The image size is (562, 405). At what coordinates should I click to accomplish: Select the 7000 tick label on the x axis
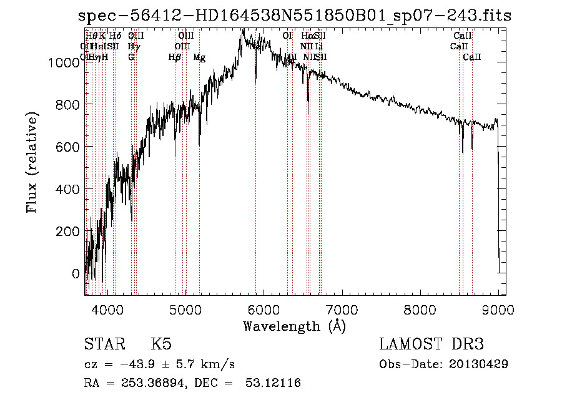coord(342,309)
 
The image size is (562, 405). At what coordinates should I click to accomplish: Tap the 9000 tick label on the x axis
coord(498,309)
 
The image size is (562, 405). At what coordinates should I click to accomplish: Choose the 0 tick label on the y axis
coord(76,273)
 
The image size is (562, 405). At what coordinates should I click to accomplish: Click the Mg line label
coord(199,57)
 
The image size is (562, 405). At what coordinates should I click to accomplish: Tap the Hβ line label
coord(175,57)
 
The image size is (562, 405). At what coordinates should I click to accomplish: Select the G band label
coord(131,57)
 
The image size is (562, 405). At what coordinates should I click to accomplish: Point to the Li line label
coord(318,46)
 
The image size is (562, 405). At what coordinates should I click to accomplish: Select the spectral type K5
coord(161,344)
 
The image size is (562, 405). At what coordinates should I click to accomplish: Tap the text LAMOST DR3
coord(431,344)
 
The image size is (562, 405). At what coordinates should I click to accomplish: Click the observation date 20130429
coord(477,364)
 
